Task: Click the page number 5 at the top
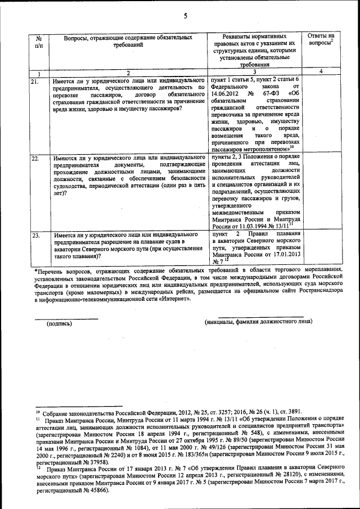tap(185, 16)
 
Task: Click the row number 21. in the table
tap(34, 82)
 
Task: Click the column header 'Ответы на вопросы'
tap(321, 39)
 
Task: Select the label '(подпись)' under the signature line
tap(59, 323)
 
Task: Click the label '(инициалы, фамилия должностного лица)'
tap(258, 321)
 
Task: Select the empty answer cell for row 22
tap(321, 191)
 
